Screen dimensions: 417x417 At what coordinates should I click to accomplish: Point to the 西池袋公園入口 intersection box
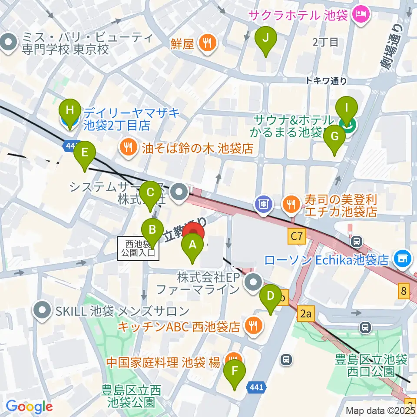point(138,248)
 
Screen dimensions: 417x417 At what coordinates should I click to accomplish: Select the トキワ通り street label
point(326,80)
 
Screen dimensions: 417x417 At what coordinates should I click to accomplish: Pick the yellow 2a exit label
point(305,313)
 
